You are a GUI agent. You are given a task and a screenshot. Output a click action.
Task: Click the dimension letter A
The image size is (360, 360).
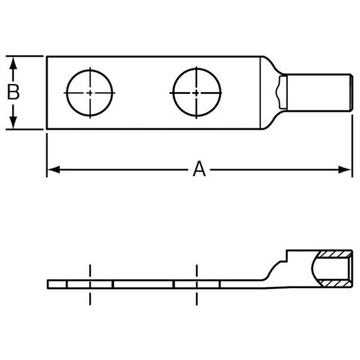[199, 169]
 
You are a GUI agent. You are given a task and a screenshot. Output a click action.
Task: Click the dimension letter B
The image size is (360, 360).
[13, 92]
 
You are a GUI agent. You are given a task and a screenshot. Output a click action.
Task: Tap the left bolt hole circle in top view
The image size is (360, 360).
[67, 93]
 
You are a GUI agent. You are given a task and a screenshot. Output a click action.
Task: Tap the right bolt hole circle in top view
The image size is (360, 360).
[172, 93]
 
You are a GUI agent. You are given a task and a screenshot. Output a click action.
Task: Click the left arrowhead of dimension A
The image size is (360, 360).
[53, 169]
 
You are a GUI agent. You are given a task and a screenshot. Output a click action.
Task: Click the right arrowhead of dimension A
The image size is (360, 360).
[344, 169]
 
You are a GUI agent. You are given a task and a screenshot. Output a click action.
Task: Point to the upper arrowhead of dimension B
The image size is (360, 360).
[13, 63]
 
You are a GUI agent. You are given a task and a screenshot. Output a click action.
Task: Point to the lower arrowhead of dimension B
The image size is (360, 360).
[13, 122]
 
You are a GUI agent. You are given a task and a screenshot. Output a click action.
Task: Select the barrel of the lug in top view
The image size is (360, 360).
[319, 92]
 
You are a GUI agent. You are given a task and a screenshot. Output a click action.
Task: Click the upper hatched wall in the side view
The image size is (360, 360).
[335, 254]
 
